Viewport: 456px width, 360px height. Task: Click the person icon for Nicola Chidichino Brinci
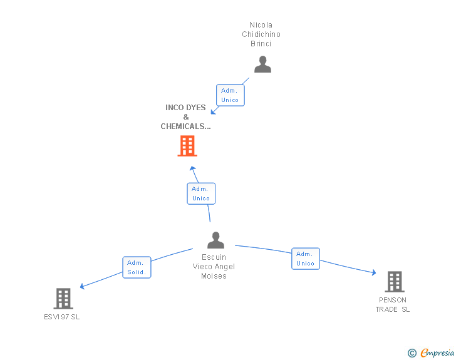click(262, 64)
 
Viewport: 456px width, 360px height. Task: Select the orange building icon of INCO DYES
click(187, 146)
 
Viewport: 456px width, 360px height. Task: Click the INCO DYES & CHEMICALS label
click(185, 117)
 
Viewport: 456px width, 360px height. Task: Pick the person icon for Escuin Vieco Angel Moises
click(215, 240)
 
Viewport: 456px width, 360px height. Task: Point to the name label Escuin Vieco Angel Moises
click(214, 267)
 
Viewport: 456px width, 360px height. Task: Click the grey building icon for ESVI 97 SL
click(63, 299)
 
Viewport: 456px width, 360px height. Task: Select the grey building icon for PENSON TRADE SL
click(394, 282)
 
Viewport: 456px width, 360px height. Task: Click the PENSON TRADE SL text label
click(393, 305)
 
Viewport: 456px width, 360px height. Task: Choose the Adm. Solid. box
click(137, 267)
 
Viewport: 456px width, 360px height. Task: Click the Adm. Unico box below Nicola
click(230, 96)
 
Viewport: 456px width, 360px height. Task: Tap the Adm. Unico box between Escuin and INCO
click(201, 193)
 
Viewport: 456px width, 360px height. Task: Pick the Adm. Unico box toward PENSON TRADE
click(306, 259)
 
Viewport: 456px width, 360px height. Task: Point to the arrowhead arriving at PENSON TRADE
click(373, 273)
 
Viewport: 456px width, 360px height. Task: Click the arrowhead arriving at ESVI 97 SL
click(83, 287)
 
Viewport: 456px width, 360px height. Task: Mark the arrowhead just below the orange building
click(193, 168)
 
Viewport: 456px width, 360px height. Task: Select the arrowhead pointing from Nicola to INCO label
click(214, 111)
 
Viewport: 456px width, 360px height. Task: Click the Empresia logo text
click(437, 353)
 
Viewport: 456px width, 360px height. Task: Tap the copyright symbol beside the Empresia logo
click(412, 353)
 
